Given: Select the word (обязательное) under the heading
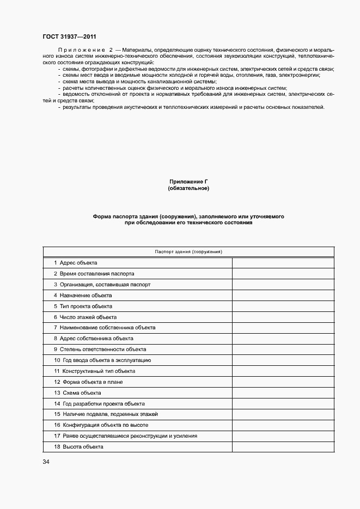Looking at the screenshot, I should coord(188,188).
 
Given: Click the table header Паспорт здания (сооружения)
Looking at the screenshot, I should coord(188,252).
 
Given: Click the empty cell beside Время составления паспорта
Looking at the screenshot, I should coord(283,274).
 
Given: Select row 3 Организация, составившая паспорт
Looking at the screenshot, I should coord(102,284).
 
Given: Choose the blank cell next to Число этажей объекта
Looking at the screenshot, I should coord(283,317).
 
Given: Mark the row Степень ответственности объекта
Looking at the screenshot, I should coord(100,349).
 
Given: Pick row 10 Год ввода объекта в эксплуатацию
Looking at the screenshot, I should coord(102,360).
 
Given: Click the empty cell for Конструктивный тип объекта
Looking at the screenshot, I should coord(283,371).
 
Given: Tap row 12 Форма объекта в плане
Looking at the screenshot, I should coord(88,382).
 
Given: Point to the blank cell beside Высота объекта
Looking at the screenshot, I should coord(283,446).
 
